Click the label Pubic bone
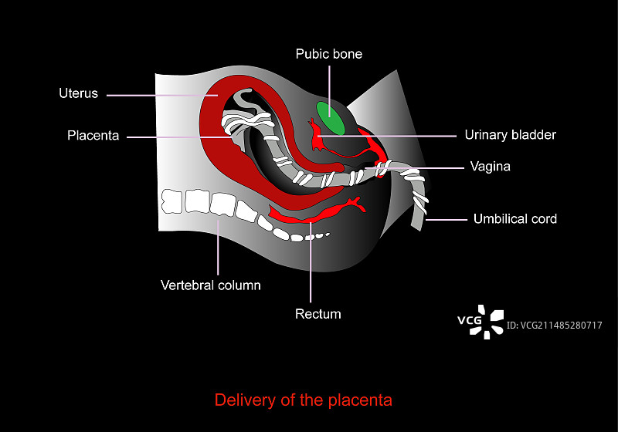[x=328, y=54]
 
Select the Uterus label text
[x=79, y=93]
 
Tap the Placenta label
[x=93, y=136]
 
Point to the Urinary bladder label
[x=510, y=135]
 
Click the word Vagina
[x=491, y=166]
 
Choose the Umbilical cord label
[x=514, y=219]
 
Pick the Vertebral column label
[x=210, y=285]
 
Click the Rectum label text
[x=317, y=314]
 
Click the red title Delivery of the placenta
[x=303, y=400]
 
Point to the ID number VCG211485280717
[x=554, y=326]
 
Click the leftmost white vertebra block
[x=171, y=201]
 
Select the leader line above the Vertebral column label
[x=219, y=247]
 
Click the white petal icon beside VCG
[x=493, y=322]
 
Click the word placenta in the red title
[x=358, y=400]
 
